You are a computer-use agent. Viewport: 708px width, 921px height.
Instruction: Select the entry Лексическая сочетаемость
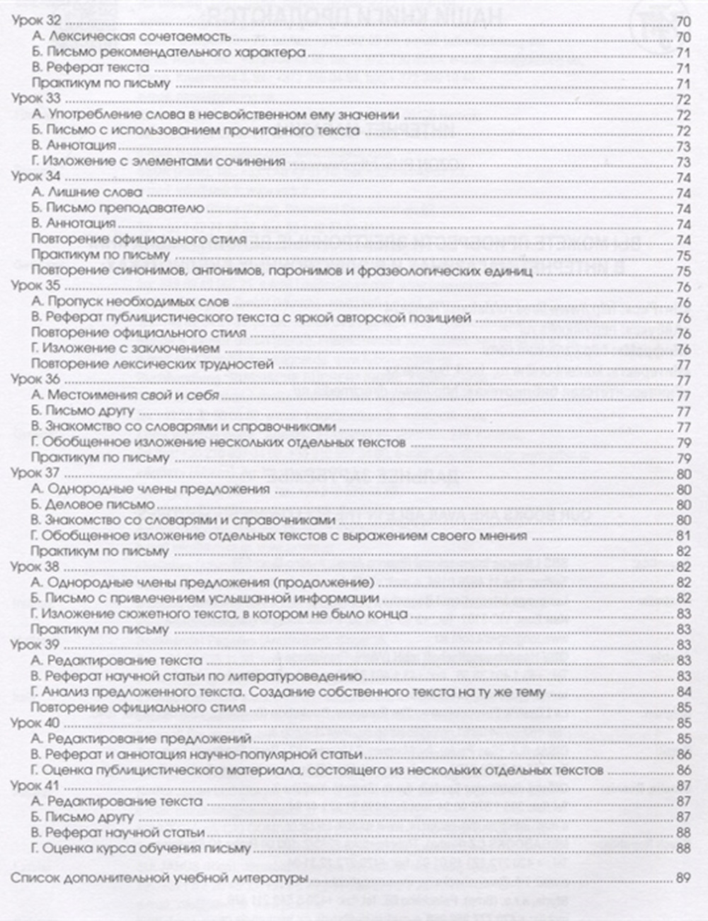tap(132, 37)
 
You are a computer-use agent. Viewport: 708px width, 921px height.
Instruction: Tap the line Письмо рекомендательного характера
tap(169, 52)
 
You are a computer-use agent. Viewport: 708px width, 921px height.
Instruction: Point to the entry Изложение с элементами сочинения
tap(158, 162)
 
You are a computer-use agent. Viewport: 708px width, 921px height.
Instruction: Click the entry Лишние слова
tap(87, 193)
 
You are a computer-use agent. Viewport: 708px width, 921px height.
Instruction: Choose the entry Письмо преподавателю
tap(118, 208)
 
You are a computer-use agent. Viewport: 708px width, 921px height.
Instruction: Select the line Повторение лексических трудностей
tap(152, 365)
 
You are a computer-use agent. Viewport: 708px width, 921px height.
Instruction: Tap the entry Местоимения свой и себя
tap(125, 396)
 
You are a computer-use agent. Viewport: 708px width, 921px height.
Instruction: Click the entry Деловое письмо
tap(93, 505)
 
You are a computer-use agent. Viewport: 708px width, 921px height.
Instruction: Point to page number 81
tap(683, 536)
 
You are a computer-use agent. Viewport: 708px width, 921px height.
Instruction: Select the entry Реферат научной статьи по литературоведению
tap(197, 677)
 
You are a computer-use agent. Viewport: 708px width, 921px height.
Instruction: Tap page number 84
tap(683, 692)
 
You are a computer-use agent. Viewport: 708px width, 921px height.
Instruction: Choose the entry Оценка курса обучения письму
tap(141, 848)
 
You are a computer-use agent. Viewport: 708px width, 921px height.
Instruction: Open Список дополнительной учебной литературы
tap(159, 879)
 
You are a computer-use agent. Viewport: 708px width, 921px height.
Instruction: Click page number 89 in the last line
tap(683, 879)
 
